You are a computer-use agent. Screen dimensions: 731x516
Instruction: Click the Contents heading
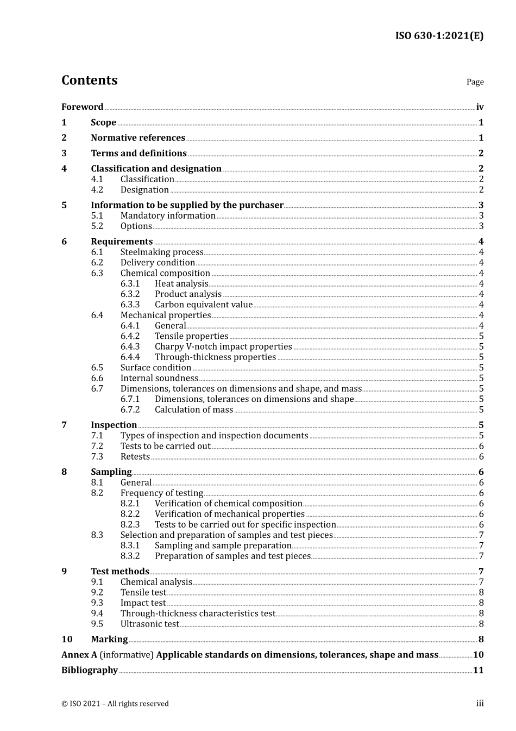pyautogui.click(x=89, y=80)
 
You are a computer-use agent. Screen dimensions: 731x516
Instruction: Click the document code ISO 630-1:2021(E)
pyautogui.click(x=439, y=36)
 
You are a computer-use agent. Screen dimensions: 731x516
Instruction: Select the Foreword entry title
pyautogui.click(x=82, y=107)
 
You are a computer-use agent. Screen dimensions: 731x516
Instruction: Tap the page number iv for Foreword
pyautogui.click(x=480, y=107)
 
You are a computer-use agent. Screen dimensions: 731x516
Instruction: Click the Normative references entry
pyautogui.click(x=138, y=138)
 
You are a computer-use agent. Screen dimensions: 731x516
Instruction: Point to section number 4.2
pyautogui.click(x=97, y=190)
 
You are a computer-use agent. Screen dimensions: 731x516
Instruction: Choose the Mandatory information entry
pyautogui.click(x=168, y=216)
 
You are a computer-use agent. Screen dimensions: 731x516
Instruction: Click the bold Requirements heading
pyautogui.click(x=122, y=241)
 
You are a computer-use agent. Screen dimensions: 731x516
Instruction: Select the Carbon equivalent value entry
pyautogui.click(x=204, y=305)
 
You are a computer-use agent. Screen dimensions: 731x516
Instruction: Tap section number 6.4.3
pyautogui.click(x=130, y=346)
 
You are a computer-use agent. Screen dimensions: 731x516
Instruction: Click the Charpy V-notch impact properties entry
pyautogui.click(x=223, y=346)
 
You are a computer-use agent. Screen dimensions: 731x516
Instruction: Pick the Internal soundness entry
pyautogui.click(x=159, y=378)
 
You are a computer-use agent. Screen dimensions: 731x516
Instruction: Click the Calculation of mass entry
pyautogui.click(x=194, y=410)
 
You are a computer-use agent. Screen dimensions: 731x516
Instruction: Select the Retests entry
pyautogui.click(x=135, y=457)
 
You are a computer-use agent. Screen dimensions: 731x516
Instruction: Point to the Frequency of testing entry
pyautogui.click(x=161, y=493)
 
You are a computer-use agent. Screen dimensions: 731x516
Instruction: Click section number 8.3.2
pyautogui.click(x=130, y=556)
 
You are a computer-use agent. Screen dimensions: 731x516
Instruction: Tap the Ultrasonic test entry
pyautogui.click(x=149, y=624)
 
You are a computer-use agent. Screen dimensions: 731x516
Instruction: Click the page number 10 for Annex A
pyautogui.click(x=478, y=655)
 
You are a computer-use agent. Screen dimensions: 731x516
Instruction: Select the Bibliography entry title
pyautogui.click(x=90, y=670)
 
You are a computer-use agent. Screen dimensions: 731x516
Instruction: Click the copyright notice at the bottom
pyautogui.click(x=115, y=704)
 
